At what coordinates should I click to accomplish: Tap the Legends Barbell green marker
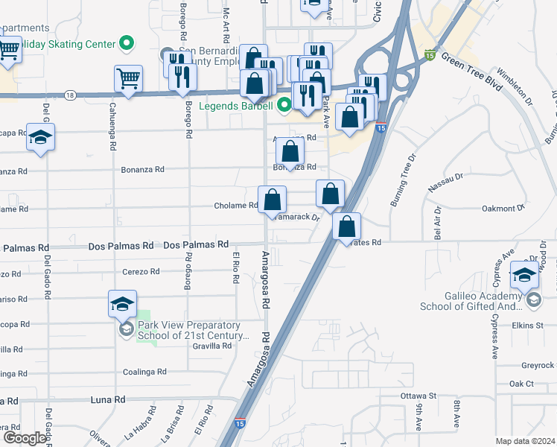tap(284, 107)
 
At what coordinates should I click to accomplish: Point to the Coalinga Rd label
tap(144, 372)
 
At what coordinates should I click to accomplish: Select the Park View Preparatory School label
tap(192, 331)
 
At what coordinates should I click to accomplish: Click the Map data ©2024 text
tap(525, 441)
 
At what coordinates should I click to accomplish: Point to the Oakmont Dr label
tap(503, 209)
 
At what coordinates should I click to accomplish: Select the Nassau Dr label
tap(447, 183)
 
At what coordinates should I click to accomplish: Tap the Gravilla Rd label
tap(211, 346)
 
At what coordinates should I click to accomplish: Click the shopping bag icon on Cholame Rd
tap(273, 200)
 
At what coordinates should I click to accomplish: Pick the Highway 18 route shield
tap(69, 95)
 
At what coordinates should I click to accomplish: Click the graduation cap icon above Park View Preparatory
tap(122, 304)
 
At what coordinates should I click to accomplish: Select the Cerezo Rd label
tap(141, 271)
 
